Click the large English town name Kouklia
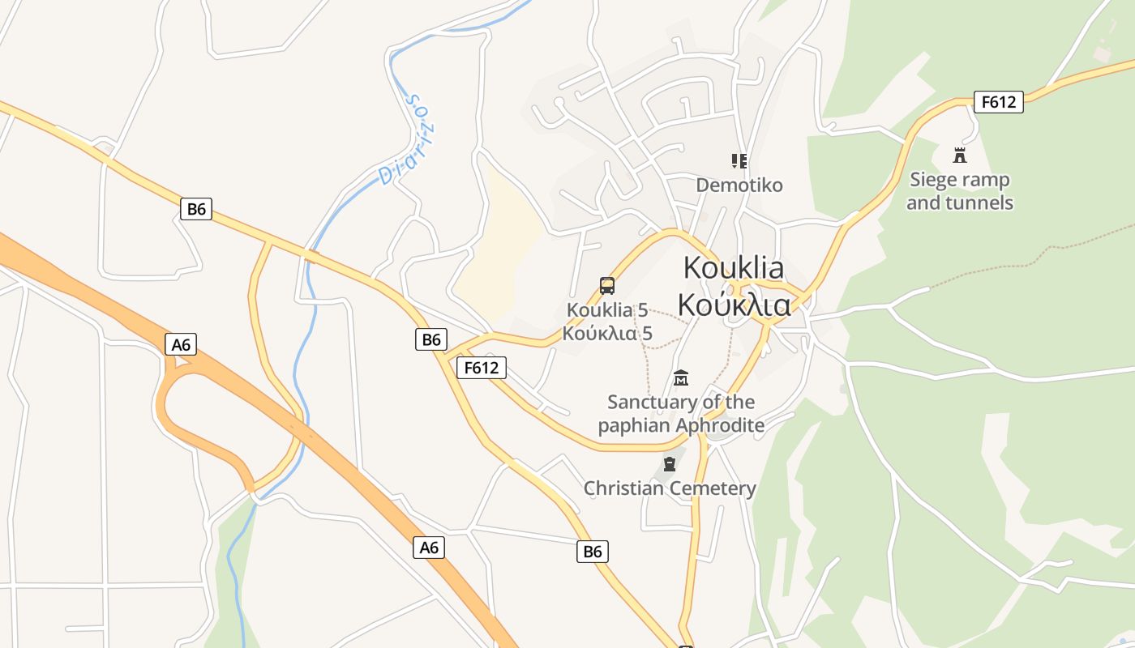click(x=734, y=267)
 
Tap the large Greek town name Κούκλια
click(x=734, y=305)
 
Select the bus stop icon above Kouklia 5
click(x=607, y=285)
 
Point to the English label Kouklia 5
click(x=607, y=309)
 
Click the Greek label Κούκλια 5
click(x=607, y=333)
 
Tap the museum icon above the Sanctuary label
click(x=681, y=377)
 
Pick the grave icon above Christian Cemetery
click(x=670, y=464)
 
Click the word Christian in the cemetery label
click(x=623, y=488)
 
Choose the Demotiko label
click(x=739, y=185)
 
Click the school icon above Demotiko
click(x=739, y=160)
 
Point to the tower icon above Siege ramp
click(x=960, y=155)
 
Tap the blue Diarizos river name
click(x=407, y=139)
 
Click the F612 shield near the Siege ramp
click(x=998, y=102)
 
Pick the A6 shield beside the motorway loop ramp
click(x=181, y=344)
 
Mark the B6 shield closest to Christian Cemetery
click(x=593, y=552)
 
